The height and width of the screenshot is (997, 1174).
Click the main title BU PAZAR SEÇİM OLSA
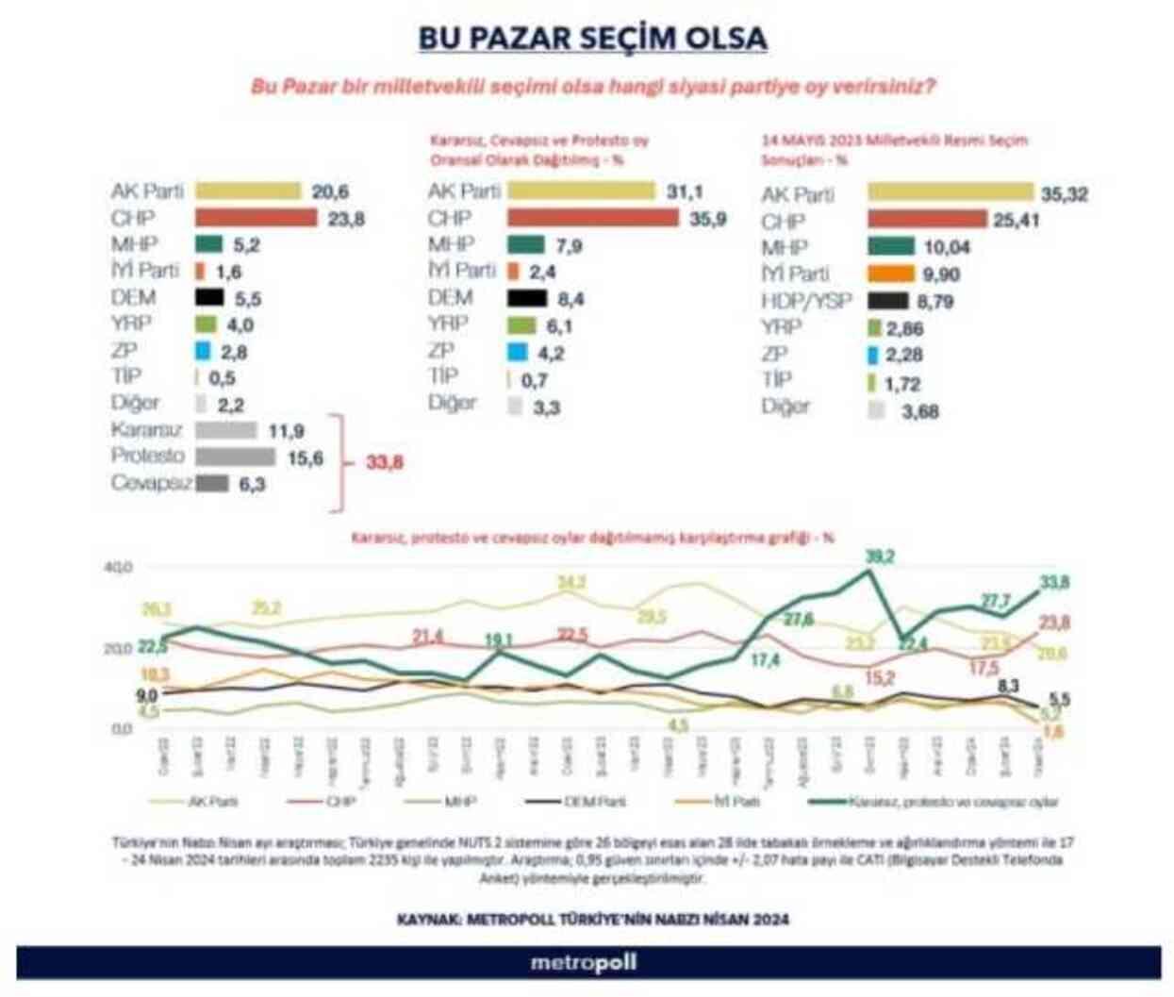click(x=592, y=38)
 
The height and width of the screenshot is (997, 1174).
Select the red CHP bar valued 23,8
click(x=256, y=218)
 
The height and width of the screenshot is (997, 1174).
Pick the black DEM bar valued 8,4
click(x=527, y=299)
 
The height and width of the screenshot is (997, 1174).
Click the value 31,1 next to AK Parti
click(x=684, y=191)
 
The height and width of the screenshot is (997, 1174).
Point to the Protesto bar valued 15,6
click(x=236, y=457)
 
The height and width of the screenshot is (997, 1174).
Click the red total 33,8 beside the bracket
click(x=384, y=462)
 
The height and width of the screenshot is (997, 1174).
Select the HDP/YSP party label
click(x=807, y=301)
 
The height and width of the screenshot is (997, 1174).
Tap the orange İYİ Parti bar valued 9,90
click(x=891, y=274)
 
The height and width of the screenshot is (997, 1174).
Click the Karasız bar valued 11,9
click(x=226, y=430)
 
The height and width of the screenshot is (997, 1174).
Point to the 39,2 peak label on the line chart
click(x=879, y=557)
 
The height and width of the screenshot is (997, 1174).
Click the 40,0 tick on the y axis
click(x=120, y=568)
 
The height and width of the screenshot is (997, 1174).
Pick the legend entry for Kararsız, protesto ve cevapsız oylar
click(x=934, y=802)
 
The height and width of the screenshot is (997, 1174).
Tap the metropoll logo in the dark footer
click(x=584, y=963)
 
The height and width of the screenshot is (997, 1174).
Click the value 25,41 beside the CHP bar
click(x=1016, y=220)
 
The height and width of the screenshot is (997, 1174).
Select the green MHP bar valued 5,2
click(x=208, y=244)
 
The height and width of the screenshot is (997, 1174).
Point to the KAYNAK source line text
click(x=592, y=919)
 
